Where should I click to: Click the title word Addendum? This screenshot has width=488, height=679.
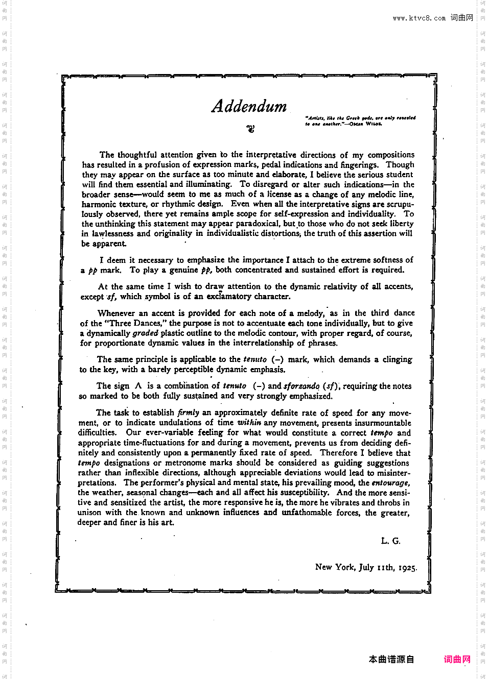[x=249, y=106]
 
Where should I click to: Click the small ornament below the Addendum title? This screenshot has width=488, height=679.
[x=250, y=128]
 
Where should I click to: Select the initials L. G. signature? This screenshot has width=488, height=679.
[x=390, y=541]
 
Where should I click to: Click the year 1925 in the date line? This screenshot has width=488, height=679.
[x=407, y=567]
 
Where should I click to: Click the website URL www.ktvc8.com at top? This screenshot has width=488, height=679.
[x=419, y=18]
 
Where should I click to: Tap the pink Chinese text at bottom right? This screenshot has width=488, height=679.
[x=457, y=659]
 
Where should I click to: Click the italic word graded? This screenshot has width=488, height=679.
[x=146, y=333]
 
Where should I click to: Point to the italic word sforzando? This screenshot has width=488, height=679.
[x=301, y=386]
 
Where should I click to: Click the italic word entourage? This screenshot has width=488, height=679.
[x=390, y=482]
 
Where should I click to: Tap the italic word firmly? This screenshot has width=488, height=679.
[x=188, y=413]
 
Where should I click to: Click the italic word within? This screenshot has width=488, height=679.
[x=249, y=423]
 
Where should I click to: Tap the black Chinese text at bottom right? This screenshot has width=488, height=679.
[x=391, y=659]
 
